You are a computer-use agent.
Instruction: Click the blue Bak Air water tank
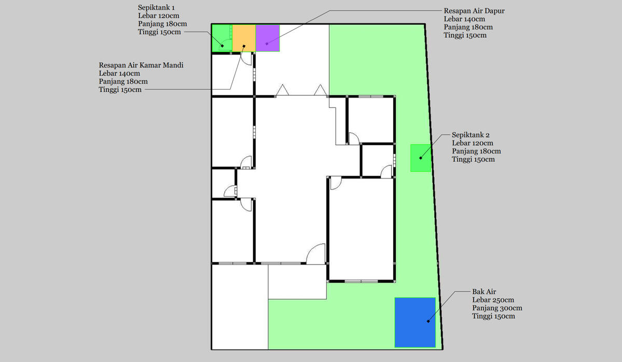pos(415,323)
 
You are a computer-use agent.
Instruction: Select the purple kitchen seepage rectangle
pos(268,38)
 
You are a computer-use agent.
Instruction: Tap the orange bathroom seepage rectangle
pos(244,38)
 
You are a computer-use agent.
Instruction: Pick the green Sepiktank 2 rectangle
pos(421,158)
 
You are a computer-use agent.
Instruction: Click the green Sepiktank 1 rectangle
pos(222,38)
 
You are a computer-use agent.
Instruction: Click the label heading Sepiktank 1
pos(156,8)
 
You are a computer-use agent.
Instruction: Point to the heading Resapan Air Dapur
pos(474,11)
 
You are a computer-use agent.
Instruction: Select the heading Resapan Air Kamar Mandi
pos(141,65)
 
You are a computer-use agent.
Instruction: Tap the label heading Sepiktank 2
pos(471,135)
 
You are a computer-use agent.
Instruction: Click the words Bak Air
pos(484,291)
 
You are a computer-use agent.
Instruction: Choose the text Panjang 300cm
pos(497,308)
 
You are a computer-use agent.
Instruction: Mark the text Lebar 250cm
pos(493,300)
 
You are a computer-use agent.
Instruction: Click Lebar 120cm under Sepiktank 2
pos(473,143)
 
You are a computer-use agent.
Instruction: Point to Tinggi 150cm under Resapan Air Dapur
pos(465,35)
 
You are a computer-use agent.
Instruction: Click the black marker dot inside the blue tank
pos(428,321)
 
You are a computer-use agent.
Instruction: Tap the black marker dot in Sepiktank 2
pos(421,158)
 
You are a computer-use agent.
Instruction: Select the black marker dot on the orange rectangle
pos(244,46)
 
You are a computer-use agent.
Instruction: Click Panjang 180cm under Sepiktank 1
pos(162,24)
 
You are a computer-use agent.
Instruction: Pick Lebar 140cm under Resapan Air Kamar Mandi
pos(119,73)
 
